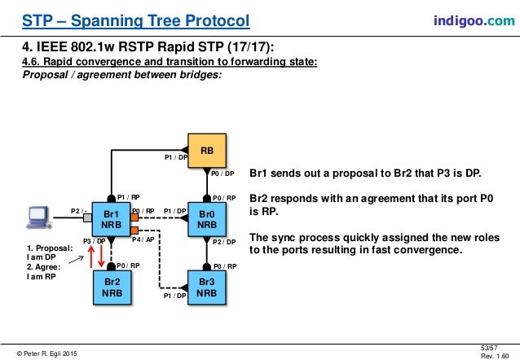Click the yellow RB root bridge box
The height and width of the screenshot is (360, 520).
[x=207, y=151]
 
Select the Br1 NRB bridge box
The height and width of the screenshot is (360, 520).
[x=108, y=218]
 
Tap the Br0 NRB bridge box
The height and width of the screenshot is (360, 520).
[x=207, y=218]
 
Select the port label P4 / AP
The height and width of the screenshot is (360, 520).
[x=143, y=239]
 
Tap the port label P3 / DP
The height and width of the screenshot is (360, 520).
[x=94, y=241]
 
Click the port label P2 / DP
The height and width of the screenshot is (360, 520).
[x=223, y=242]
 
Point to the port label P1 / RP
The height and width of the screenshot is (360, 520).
[x=128, y=196]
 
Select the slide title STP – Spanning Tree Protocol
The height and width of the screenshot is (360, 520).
[x=135, y=20]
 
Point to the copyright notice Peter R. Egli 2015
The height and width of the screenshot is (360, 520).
[x=48, y=352]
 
